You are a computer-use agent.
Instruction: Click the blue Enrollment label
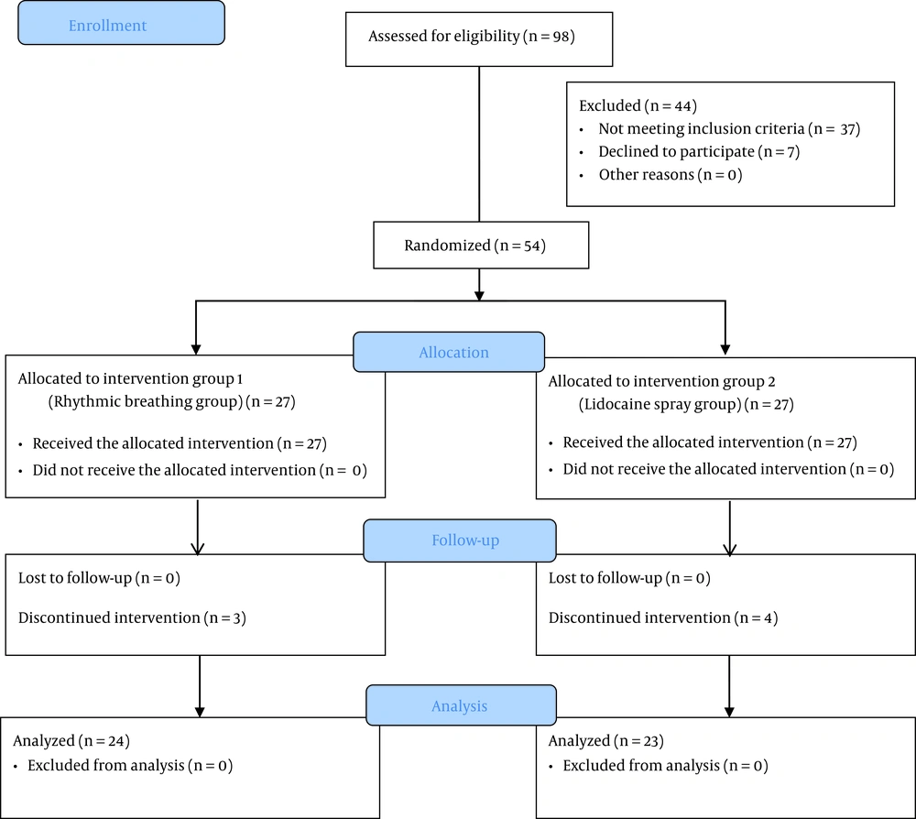click(122, 23)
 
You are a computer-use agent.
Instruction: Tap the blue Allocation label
click(449, 353)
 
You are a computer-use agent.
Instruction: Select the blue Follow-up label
click(460, 541)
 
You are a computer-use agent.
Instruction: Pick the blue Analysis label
click(462, 705)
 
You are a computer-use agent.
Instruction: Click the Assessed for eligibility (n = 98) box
click(479, 39)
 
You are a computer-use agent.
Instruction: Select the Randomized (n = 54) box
click(481, 246)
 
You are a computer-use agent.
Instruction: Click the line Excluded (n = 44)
click(638, 105)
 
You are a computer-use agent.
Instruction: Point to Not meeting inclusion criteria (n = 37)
click(729, 128)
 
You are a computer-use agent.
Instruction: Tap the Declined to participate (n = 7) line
click(699, 152)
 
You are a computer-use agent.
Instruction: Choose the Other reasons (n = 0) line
click(671, 175)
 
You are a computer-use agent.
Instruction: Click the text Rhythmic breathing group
click(146, 402)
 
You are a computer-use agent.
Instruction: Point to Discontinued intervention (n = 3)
click(132, 618)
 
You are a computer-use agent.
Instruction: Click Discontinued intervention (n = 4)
click(663, 618)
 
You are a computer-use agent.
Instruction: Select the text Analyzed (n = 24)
click(71, 741)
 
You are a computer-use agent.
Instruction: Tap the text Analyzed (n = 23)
click(605, 741)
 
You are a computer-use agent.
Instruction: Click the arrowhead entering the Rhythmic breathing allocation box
click(196, 349)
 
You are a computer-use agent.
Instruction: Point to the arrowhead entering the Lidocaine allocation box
click(725, 349)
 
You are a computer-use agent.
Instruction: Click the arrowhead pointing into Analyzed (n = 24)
click(200, 712)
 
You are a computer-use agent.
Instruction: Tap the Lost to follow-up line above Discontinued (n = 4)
click(629, 578)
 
